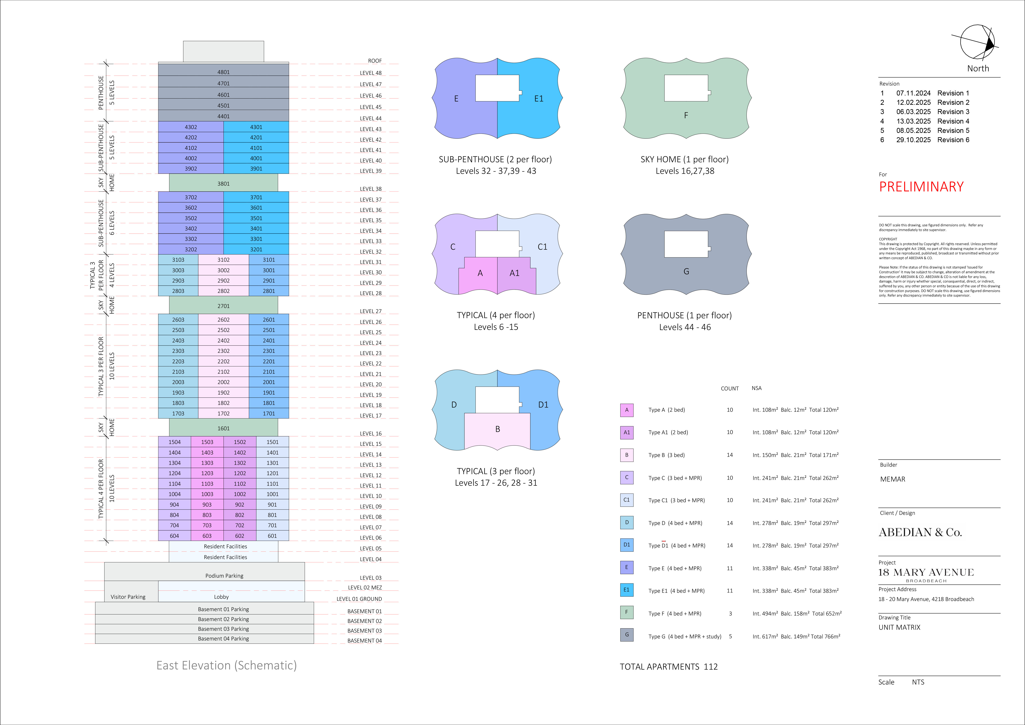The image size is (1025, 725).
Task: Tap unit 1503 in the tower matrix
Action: tap(207, 442)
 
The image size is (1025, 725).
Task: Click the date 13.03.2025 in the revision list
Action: tap(913, 121)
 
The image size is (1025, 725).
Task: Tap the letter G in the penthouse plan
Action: tap(686, 271)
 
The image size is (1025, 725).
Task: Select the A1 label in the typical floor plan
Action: tap(514, 273)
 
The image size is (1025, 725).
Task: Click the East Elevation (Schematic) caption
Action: tap(226, 666)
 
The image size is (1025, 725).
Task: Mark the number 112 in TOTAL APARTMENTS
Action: tap(711, 667)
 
